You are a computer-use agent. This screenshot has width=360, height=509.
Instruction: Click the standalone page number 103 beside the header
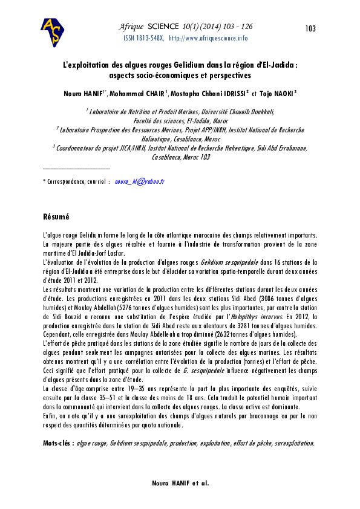coord(311,29)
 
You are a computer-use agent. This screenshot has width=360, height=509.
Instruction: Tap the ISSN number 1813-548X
coord(149,38)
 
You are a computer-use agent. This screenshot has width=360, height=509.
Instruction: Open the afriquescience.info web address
coord(208,38)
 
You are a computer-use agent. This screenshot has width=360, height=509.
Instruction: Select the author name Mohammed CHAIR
coord(136,94)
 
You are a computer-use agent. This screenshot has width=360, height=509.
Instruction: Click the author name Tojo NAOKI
coord(278,94)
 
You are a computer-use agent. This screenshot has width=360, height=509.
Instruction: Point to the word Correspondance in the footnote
coord(67,181)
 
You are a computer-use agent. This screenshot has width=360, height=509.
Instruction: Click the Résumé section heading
coord(56,216)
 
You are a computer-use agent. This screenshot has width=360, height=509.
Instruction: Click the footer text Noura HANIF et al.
coord(180,484)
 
